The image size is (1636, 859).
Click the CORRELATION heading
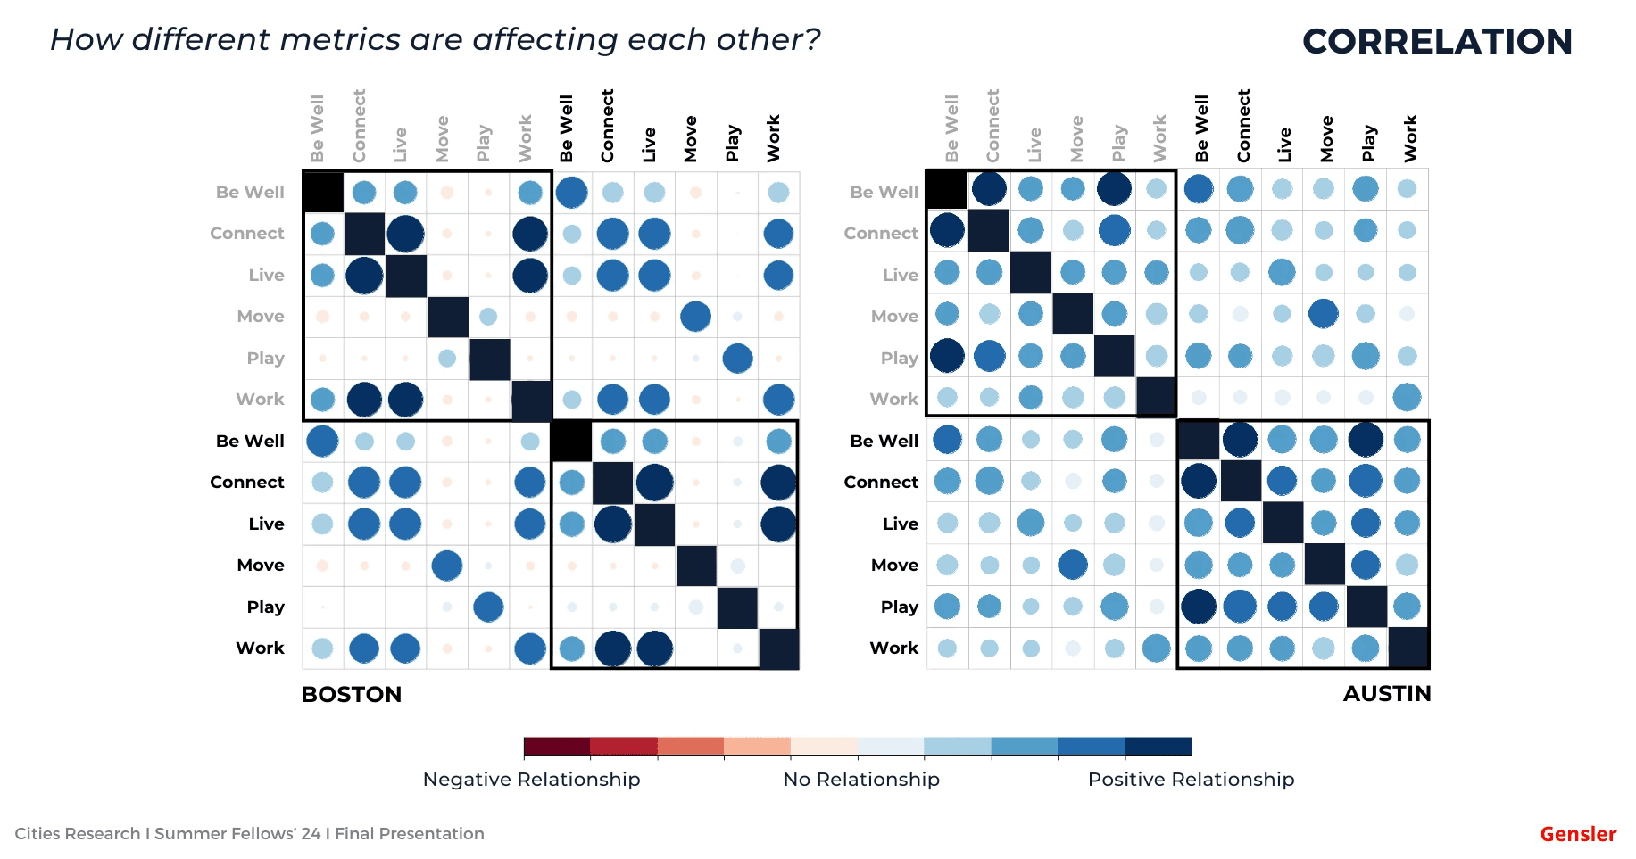tap(1437, 41)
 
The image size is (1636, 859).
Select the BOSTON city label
tap(351, 694)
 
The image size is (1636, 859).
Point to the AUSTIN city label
tap(1386, 693)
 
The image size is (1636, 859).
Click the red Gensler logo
tap(1578, 834)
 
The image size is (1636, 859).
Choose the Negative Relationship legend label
tap(531, 779)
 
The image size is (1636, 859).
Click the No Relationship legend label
tap(861, 779)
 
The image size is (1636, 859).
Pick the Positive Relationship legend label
tap(1191, 779)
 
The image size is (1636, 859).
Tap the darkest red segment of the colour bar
tap(557, 746)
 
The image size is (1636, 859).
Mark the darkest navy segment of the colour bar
tap(1158, 746)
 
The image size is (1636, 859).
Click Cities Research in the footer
tap(77, 833)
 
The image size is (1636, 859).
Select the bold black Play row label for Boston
tap(265, 607)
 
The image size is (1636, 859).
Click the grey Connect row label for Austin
tap(881, 233)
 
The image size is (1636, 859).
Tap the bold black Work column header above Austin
tap(1410, 138)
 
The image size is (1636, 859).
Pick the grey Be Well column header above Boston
tap(318, 128)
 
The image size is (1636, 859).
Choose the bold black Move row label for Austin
tap(894, 565)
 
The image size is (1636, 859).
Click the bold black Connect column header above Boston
tap(608, 126)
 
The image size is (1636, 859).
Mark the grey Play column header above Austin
tap(1118, 143)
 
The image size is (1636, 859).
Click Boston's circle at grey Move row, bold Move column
tap(695, 316)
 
